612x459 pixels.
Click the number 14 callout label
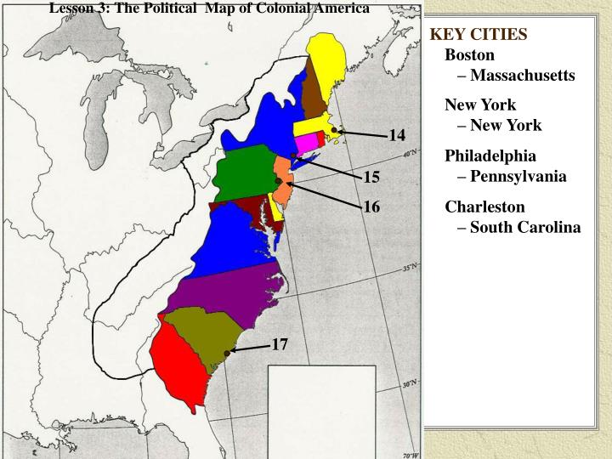(x=397, y=136)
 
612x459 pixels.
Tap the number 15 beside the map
(x=371, y=178)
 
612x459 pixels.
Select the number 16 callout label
(x=371, y=207)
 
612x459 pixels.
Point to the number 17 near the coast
(x=280, y=344)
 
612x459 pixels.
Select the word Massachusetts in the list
(x=522, y=76)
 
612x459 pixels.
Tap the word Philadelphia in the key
(x=490, y=156)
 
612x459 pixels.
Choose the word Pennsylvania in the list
(x=518, y=177)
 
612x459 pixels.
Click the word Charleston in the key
(x=484, y=207)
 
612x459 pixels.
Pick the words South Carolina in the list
(x=525, y=227)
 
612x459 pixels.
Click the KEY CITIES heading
(x=479, y=35)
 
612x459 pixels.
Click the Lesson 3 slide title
(x=209, y=8)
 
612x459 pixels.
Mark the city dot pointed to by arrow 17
(x=226, y=353)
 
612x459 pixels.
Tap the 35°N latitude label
(x=410, y=267)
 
